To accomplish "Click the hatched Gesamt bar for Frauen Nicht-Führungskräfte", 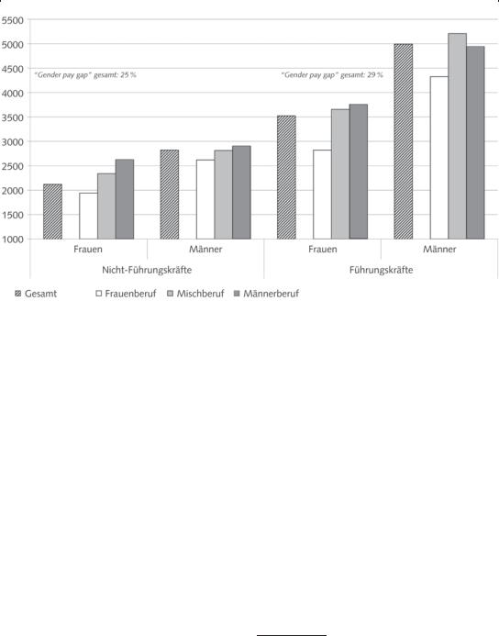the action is pos(52,211).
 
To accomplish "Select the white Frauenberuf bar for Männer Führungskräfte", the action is pos(439,157).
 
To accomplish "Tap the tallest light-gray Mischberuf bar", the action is pos(457,136).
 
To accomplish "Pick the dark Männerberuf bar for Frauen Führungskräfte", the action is pos(359,172).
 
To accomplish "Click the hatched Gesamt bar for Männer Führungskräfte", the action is pos(404,141).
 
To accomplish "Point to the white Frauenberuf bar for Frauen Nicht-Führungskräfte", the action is pos(88,216).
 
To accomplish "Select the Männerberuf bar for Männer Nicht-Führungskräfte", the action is pos(241,192).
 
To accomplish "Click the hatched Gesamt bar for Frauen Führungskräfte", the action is pos(286,177).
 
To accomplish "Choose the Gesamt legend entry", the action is pos(36,294).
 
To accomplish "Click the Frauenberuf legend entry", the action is pos(126,294).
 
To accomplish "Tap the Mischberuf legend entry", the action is pos(195,294).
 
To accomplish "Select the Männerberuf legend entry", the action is pos(266,294).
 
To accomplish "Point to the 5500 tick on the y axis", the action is pos(12,20).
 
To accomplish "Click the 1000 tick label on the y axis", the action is pos(12,240).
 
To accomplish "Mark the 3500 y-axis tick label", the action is pos(12,117).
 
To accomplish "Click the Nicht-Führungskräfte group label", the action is pos(147,270).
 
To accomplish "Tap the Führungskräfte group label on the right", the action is pos(381,270).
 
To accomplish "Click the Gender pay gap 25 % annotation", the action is pos(85,74).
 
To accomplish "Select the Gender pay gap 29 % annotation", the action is pos(332,74).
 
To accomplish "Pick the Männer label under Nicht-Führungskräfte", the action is pos(205,249).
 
